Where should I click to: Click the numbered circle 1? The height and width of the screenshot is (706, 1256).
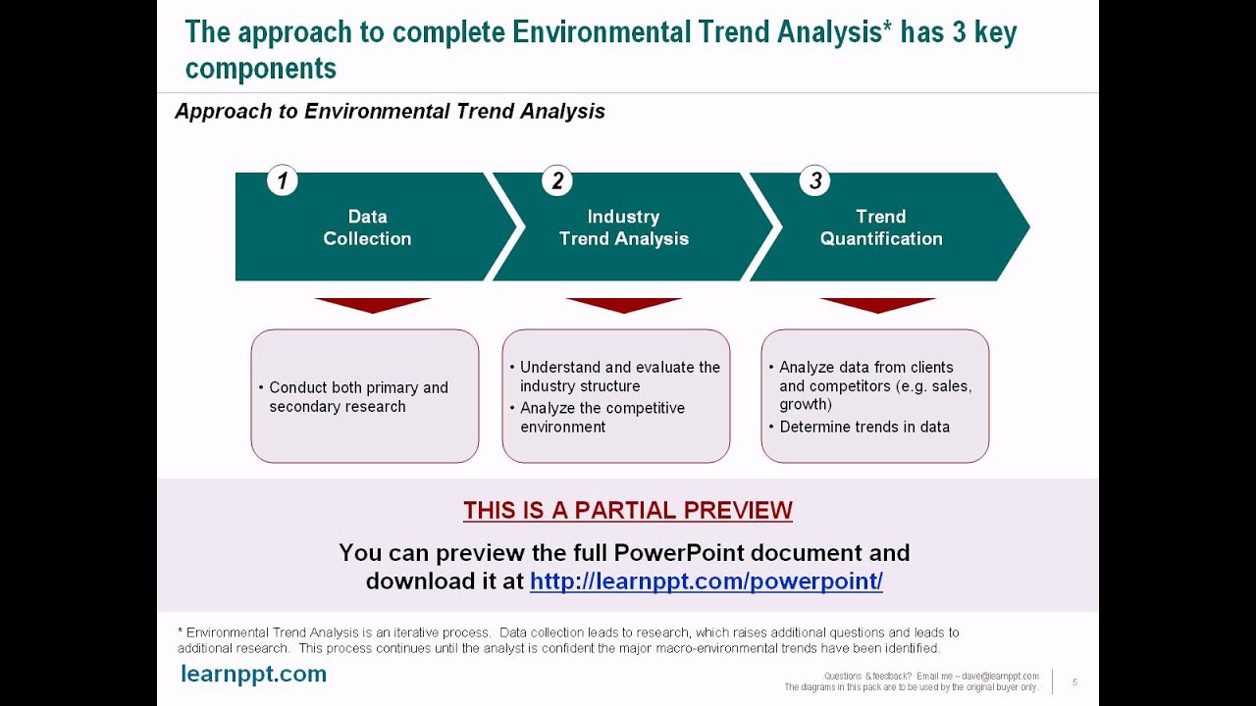pos(282,180)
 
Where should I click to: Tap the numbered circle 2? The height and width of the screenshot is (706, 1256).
pos(556,180)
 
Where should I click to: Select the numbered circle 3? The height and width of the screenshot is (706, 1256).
pos(814,180)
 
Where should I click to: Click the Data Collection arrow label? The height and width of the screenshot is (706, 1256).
pos(367,227)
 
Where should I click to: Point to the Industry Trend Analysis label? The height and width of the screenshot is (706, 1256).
pos(623,227)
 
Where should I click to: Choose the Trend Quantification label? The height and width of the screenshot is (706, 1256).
pos(881,227)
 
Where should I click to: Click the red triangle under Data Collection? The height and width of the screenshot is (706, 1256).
pos(373,305)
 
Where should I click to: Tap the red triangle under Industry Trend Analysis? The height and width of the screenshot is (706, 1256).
pos(623,305)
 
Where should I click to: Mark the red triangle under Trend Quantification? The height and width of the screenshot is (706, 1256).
pos(878,305)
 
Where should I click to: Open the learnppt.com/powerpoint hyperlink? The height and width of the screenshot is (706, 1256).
pos(706,581)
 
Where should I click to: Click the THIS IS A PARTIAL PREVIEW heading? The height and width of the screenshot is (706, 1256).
pos(628,510)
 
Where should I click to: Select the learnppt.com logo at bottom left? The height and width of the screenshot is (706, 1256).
pos(253,674)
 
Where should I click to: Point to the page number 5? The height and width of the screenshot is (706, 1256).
pos(1074,681)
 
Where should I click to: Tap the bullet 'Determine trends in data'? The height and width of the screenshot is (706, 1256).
pos(860,427)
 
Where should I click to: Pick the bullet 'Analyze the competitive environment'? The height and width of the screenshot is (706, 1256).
pos(598,418)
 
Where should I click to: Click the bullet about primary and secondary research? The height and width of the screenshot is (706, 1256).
pos(354,397)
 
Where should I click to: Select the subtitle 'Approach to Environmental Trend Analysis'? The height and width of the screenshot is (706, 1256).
pos(391,111)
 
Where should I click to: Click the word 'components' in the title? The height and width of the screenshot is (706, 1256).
pos(261,69)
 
